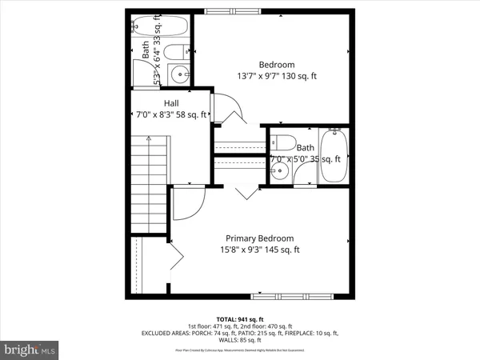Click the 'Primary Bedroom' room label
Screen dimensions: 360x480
point(259,238)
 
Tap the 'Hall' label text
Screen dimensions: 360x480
point(171,103)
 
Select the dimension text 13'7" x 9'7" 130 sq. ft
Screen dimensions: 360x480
point(277,76)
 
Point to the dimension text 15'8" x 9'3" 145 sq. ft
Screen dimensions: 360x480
point(259,250)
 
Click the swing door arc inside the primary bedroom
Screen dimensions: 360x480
point(189,203)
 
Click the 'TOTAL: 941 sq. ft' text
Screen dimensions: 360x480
point(239,318)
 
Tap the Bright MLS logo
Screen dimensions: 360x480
point(30,350)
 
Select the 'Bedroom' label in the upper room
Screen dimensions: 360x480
point(277,64)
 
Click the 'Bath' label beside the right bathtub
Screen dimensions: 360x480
point(305,147)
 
